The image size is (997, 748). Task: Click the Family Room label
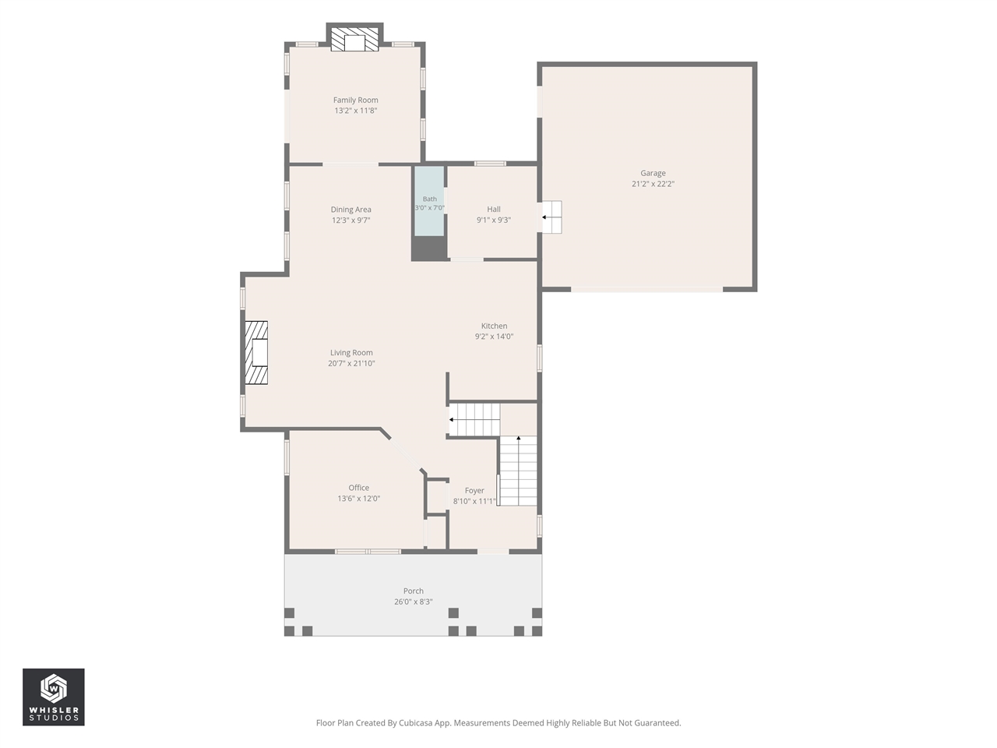355,100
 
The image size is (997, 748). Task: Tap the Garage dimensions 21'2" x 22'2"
653,184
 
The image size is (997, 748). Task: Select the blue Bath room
429,201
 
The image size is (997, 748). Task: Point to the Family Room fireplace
354,40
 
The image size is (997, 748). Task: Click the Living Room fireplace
256,352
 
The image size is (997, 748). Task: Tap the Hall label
494,210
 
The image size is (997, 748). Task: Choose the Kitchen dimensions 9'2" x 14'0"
494,337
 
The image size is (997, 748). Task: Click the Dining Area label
351,210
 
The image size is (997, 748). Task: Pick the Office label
358,488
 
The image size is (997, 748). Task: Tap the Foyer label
474,491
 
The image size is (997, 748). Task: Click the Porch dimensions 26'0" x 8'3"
413,602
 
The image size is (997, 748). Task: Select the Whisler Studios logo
54,697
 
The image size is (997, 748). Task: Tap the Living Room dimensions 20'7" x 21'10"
351,363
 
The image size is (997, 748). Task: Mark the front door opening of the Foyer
493,552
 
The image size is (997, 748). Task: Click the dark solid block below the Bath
428,249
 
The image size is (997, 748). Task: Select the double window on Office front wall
368,552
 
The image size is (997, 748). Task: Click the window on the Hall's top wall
490,163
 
